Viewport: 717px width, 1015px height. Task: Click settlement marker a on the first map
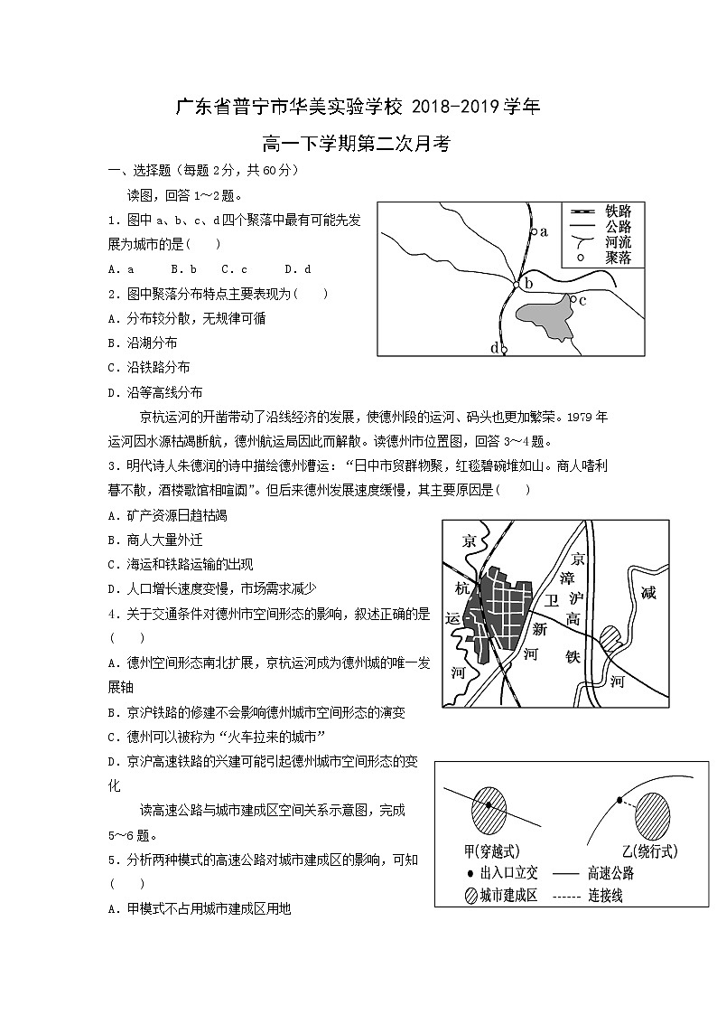[x=533, y=232]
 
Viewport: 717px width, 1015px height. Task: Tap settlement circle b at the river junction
[x=517, y=285]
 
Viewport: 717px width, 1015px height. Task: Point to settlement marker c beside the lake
[x=573, y=298]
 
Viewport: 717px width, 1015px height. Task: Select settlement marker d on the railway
[x=504, y=349]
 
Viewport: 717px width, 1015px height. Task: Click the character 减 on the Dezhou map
[x=647, y=593]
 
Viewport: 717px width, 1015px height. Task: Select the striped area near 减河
[x=611, y=639]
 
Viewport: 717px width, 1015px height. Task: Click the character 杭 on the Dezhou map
[x=462, y=587]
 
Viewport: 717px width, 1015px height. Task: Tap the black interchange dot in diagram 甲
[x=489, y=804]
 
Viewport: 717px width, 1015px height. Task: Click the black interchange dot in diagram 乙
[x=619, y=800]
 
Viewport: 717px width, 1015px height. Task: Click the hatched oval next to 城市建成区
[x=470, y=896]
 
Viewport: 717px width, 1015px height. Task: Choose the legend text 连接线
[x=605, y=896]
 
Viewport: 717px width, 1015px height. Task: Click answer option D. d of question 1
[x=297, y=268]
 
